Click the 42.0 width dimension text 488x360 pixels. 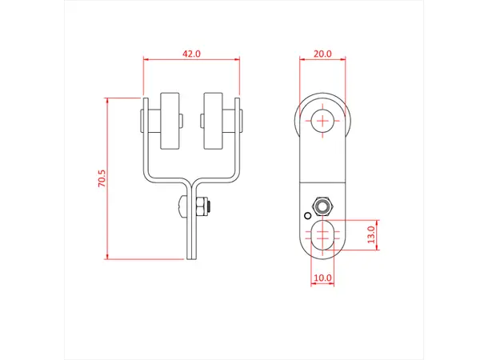[191, 54]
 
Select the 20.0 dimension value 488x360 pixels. [322, 54]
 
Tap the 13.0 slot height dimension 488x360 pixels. [370, 235]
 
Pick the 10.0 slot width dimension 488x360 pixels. [322, 278]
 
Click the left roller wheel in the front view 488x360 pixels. [170, 122]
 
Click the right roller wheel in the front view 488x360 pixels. [214, 122]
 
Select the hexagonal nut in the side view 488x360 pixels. [323, 206]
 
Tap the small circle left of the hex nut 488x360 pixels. [306, 214]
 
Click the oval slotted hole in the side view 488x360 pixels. [323, 235]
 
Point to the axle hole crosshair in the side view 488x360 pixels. [322, 121]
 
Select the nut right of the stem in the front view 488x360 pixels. [205, 207]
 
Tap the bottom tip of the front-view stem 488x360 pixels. [192, 258]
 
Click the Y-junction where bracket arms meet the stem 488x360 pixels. [192, 181]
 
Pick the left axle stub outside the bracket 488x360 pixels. [142, 122]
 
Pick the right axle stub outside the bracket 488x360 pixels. [242, 122]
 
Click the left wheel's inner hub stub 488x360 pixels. [182, 122]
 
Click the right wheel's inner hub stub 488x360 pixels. [201, 122]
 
